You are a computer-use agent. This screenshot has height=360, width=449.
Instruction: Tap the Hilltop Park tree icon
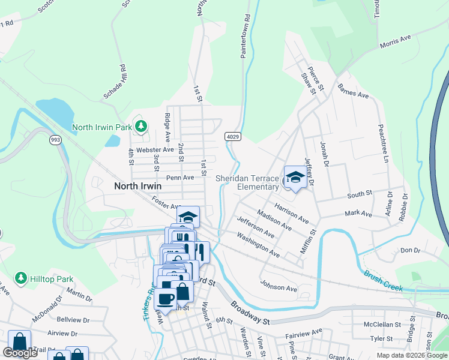point(20,278)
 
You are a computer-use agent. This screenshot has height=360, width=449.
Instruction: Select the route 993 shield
point(55,140)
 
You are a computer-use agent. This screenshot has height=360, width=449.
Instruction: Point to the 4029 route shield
point(234,137)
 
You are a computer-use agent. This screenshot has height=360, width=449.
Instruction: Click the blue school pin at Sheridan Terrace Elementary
point(295,178)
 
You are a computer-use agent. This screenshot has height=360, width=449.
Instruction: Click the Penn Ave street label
point(180,178)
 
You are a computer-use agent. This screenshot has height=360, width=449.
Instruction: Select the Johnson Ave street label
point(279,288)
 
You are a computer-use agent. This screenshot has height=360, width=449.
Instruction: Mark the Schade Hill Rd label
point(115,81)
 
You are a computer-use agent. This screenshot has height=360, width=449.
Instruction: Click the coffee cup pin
point(166,299)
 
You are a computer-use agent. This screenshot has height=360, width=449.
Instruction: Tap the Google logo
point(20,353)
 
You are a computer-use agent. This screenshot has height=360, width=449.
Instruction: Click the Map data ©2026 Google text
point(412,355)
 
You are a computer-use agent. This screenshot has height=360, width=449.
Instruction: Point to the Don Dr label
point(410,250)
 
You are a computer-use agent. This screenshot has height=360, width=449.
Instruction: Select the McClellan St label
point(382,325)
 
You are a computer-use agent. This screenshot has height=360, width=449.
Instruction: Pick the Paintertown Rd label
point(245,36)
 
